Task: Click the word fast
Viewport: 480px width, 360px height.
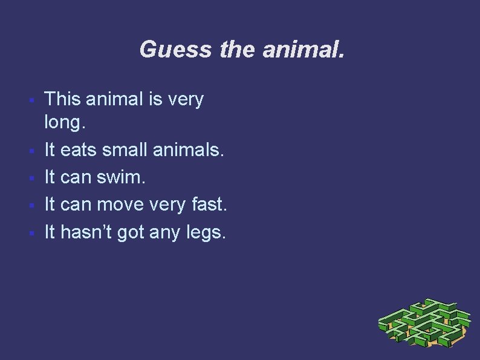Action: pos(207,205)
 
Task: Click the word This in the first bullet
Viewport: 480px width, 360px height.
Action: pos(63,98)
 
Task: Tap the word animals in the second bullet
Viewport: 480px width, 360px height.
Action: pos(192,151)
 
